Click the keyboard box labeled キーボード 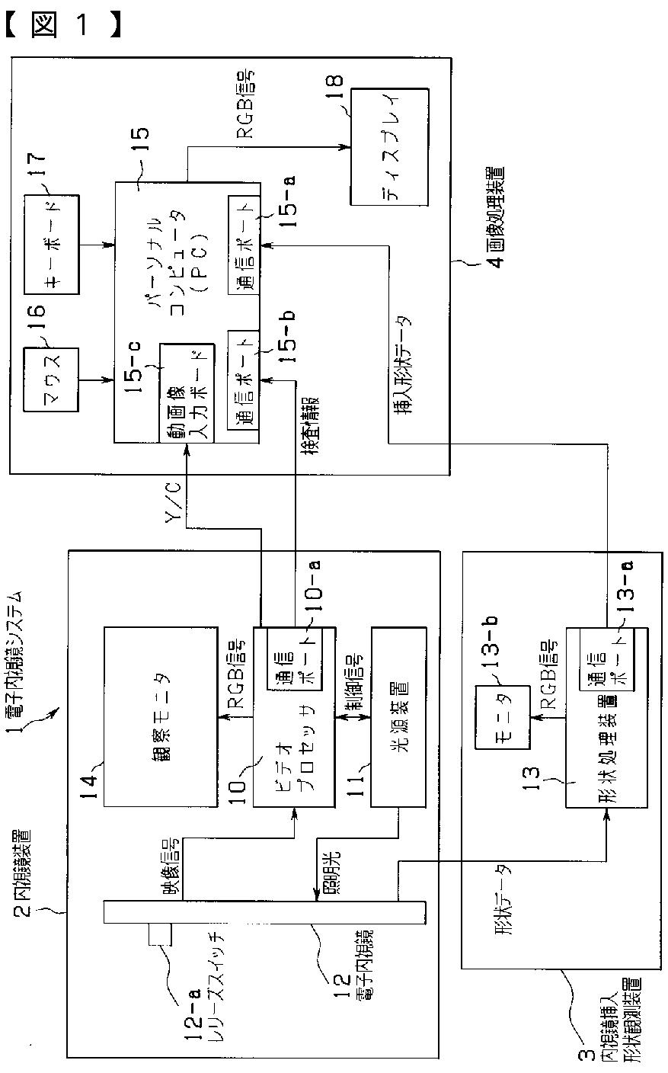pos(52,245)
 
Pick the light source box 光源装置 pos(398,716)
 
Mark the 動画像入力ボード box pos(184,392)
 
